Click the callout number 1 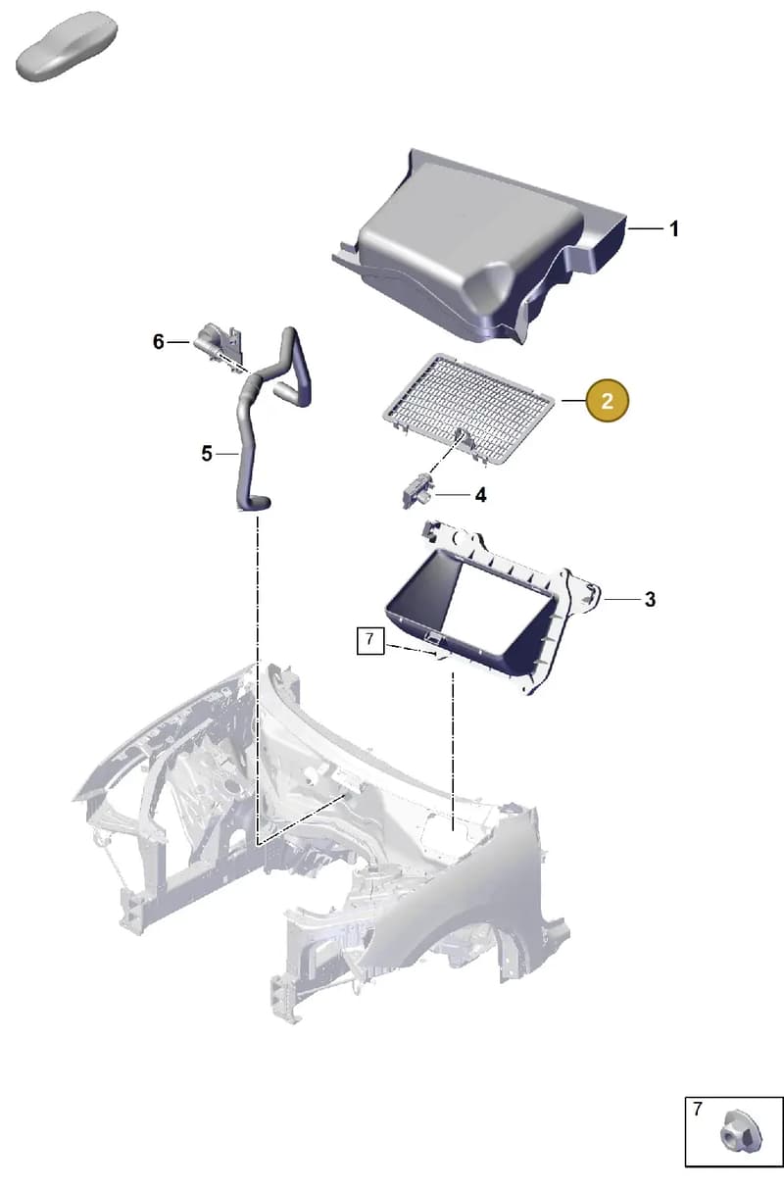point(673,229)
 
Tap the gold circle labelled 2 point(608,401)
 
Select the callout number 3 point(650,599)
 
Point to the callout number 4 point(480,495)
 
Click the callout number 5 point(207,454)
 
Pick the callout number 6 point(158,342)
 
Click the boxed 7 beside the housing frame point(370,641)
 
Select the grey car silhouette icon point(67,47)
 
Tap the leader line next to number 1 point(645,228)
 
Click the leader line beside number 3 point(621,599)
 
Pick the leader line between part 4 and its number point(453,495)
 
